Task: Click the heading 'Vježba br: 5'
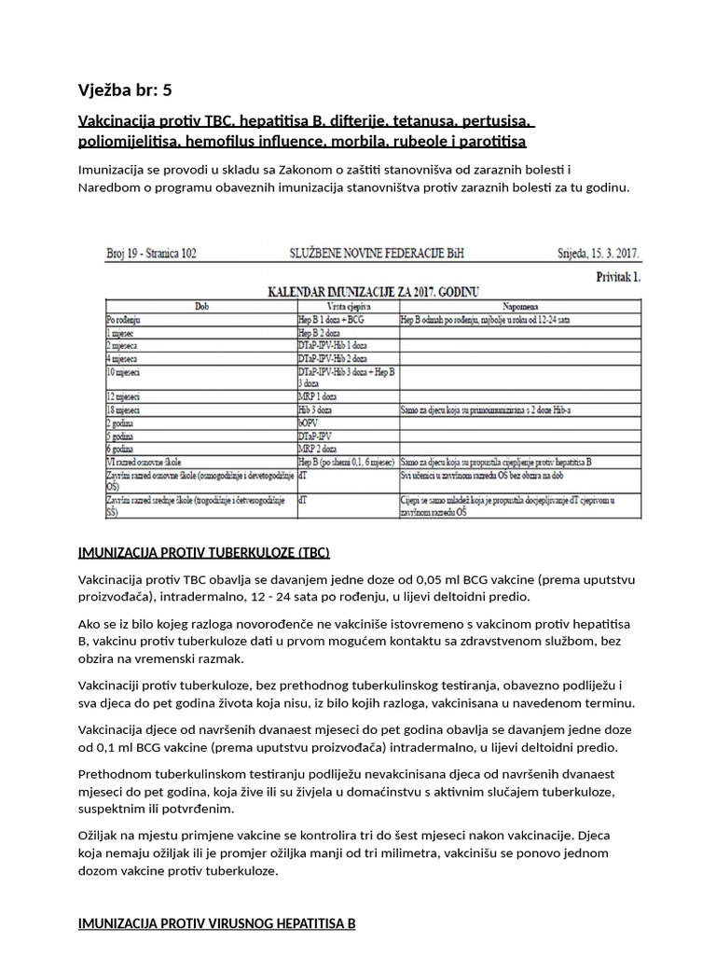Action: tap(125, 90)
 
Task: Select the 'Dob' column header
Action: tap(201, 305)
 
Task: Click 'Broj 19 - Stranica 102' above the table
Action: tap(151, 254)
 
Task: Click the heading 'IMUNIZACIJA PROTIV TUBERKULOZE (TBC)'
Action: tap(203, 551)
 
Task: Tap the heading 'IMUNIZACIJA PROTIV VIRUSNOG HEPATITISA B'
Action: tap(216, 924)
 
